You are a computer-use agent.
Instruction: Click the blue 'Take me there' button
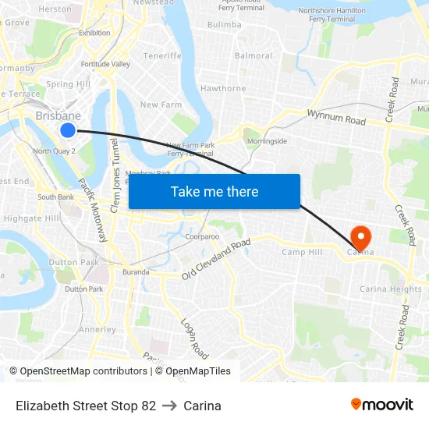coord(214,191)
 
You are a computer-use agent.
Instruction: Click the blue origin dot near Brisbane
coord(68,130)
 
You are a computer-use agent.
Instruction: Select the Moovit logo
coord(382,405)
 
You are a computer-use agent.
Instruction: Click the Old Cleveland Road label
coord(216,259)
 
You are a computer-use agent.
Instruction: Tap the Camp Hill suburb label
coord(302,252)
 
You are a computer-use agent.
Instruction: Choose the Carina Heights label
coord(390,289)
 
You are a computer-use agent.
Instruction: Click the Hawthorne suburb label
coord(223,89)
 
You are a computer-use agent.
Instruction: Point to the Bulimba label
coord(224,25)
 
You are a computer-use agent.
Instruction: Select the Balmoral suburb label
coord(253,56)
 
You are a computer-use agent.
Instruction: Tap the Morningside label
coord(268,141)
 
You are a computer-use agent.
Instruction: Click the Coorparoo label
coord(202,236)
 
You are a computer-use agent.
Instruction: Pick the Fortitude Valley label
coord(105,64)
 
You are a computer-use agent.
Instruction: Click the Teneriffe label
coord(162,56)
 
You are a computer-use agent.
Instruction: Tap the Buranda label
coord(136,272)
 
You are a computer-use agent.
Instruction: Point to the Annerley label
coord(97,329)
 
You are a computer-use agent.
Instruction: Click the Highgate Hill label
coord(31,219)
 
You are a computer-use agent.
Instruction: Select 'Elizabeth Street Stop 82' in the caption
coord(86,406)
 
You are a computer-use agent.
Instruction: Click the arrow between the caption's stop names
coord(170,406)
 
